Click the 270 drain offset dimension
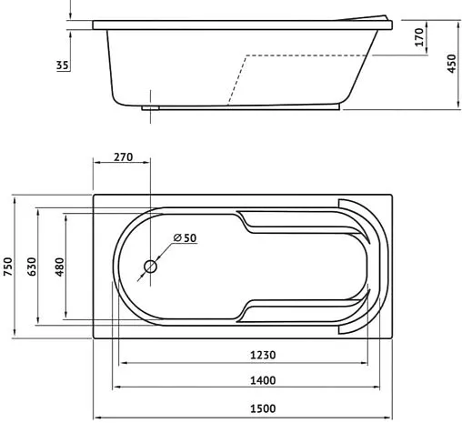(123, 157)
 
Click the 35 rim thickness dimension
(62, 65)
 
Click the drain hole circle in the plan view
(151, 268)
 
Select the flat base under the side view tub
(241, 106)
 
